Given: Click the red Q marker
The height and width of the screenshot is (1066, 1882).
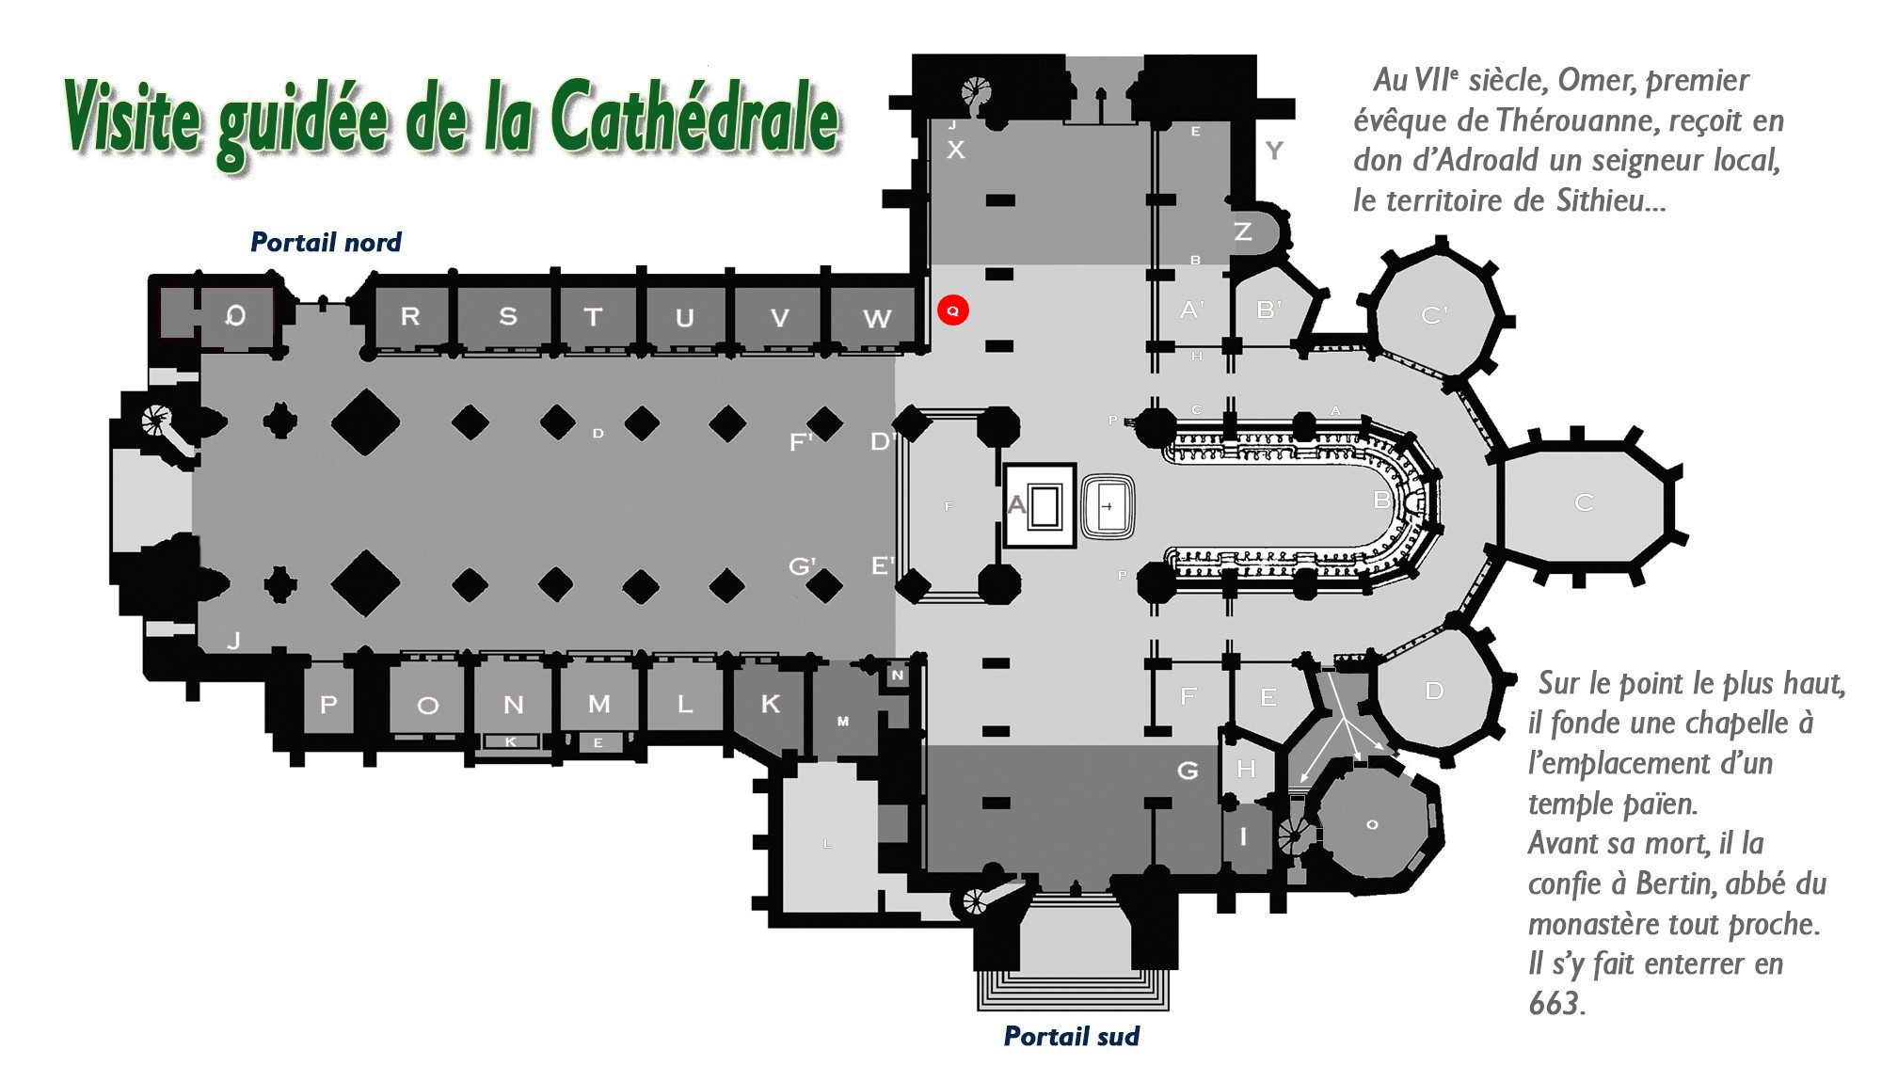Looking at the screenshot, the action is pyautogui.click(x=952, y=310).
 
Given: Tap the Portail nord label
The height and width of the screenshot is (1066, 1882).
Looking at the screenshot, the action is pyautogui.click(x=326, y=243).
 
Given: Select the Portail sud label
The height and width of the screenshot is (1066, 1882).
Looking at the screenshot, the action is pyautogui.click(x=1071, y=1036).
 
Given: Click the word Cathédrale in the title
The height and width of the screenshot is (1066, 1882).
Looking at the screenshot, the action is pyautogui.click(x=694, y=119).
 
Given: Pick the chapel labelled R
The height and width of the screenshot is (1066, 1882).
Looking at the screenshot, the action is pyautogui.click(x=410, y=316).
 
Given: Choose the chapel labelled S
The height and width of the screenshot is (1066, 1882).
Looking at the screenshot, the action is pyautogui.click(x=507, y=316).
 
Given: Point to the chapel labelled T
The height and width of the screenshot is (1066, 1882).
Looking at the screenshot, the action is pyautogui.click(x=593, y=317).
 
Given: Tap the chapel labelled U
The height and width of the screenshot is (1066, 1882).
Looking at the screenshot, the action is pyautogui.click(x=684, y=318).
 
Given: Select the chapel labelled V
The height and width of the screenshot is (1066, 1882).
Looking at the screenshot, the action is pyautogui.click(x=779, y=318).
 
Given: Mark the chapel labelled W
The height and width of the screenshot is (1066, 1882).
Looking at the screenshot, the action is pyautogui.click(x=876, y=319).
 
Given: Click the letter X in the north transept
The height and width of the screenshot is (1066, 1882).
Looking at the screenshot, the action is pyautogui.click(x=955, y=149).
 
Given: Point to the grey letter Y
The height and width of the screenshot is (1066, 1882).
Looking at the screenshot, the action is pyautogui.click(x=1273, y=150).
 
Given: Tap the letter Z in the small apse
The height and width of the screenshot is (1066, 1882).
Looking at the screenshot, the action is pyautogui.click(x=1242, y=231).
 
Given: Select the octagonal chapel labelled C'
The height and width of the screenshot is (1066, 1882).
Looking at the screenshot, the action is pyautogui.click(x=1434, y=315).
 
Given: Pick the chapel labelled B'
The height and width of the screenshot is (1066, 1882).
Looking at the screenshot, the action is pyautogui.click(x=1268, y=309).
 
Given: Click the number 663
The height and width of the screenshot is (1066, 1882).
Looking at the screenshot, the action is pyautogui.click(x=1556, y=1004).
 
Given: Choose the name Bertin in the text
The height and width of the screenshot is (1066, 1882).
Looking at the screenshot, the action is pyautogui.click(x=1676, y=883).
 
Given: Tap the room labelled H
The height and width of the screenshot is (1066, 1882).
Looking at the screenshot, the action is pyautogui.click(x=1246, y=769).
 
